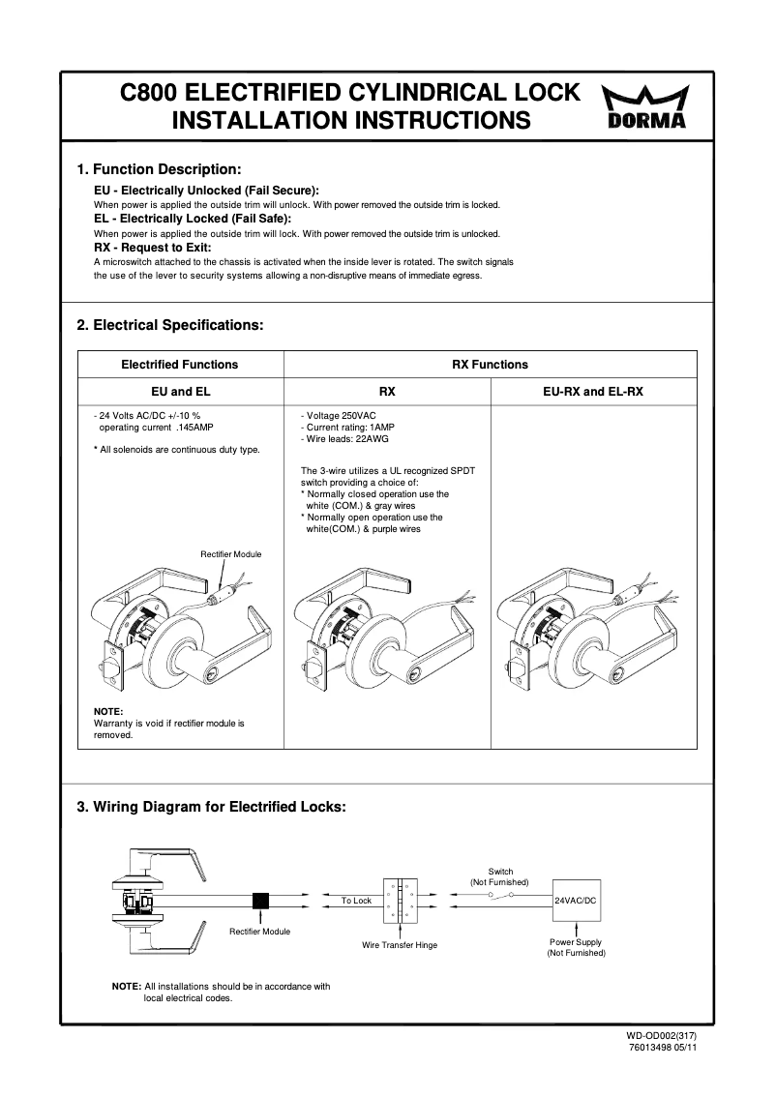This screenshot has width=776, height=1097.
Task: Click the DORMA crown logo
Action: pyautogui.click(x=647, y=105)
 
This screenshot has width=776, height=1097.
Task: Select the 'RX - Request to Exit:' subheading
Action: pyautogui.click(x=153, y=248)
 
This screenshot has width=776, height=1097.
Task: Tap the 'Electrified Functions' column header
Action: pyautogui.click(x=179, y=365)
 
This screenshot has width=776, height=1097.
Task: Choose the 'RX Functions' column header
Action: pyautogui.click(x=490, y=365)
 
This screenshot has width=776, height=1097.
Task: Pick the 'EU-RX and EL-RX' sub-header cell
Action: pyautogui.click(x=594, y=392)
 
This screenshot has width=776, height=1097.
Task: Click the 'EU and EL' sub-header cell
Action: pyautogui.click(x=180, y=392)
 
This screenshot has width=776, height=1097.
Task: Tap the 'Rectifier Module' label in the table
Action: pyautogui.click(x=230, y=554)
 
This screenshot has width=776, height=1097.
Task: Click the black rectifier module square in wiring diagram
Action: pyautogui.click(x=259, y=900)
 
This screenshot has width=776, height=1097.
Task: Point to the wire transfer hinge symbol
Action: pyautogui.click(x=399, y=901)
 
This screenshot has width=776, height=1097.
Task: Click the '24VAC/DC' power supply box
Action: pyautogui.click(x=576, y=900)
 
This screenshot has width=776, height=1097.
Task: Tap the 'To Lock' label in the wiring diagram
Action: pyautogui.click(x=356, y=901)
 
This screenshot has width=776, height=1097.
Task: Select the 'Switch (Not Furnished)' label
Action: pyautogui.click(x=499, y=876)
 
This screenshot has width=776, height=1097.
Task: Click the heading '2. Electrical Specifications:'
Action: pyautogui.click(x=169, y=325)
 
